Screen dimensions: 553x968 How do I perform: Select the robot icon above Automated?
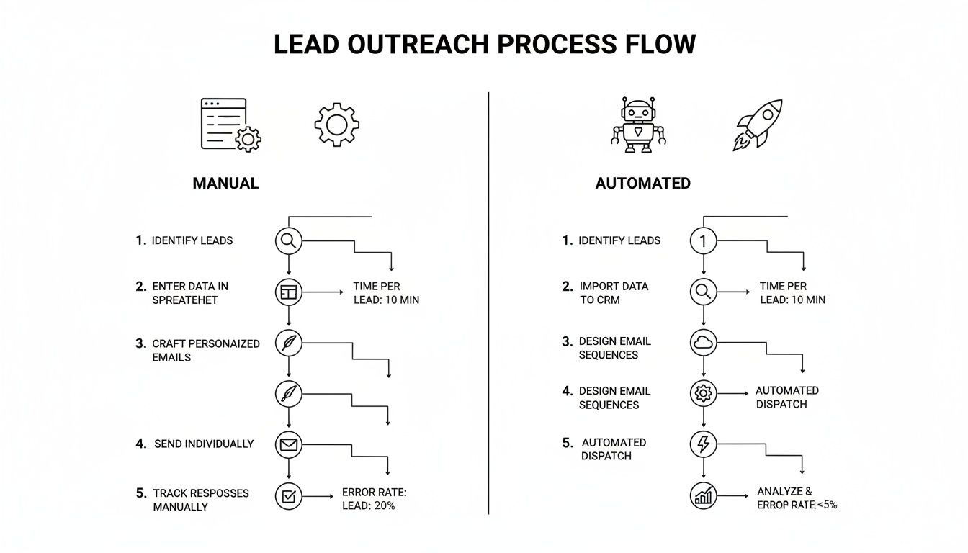(639, 125)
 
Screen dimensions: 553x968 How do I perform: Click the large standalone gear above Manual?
(336, 125)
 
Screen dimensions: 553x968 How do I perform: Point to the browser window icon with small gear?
(230, 125)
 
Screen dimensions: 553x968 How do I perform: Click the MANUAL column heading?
(225, 184)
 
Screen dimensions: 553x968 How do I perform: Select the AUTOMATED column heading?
(642, 184)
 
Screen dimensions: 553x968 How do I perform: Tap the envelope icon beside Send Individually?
(289, 445)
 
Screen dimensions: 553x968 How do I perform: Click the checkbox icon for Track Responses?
(289, 496)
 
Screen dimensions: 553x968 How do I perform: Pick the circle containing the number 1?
(703, 241)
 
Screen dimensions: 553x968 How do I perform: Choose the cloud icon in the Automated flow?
(703, 343)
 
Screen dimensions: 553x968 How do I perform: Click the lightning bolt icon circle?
(703, 444)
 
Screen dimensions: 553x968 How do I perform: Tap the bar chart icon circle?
(703, 495)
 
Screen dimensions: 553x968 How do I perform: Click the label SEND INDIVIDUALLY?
(204, 444)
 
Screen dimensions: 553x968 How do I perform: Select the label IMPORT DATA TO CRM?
(613, 293)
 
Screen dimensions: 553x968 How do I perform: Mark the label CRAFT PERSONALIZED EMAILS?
(205, 351)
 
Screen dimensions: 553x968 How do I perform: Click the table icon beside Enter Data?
(289, 292)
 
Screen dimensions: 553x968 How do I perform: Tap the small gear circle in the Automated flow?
(703, 393)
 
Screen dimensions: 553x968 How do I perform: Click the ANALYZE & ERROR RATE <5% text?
(796, 498)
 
